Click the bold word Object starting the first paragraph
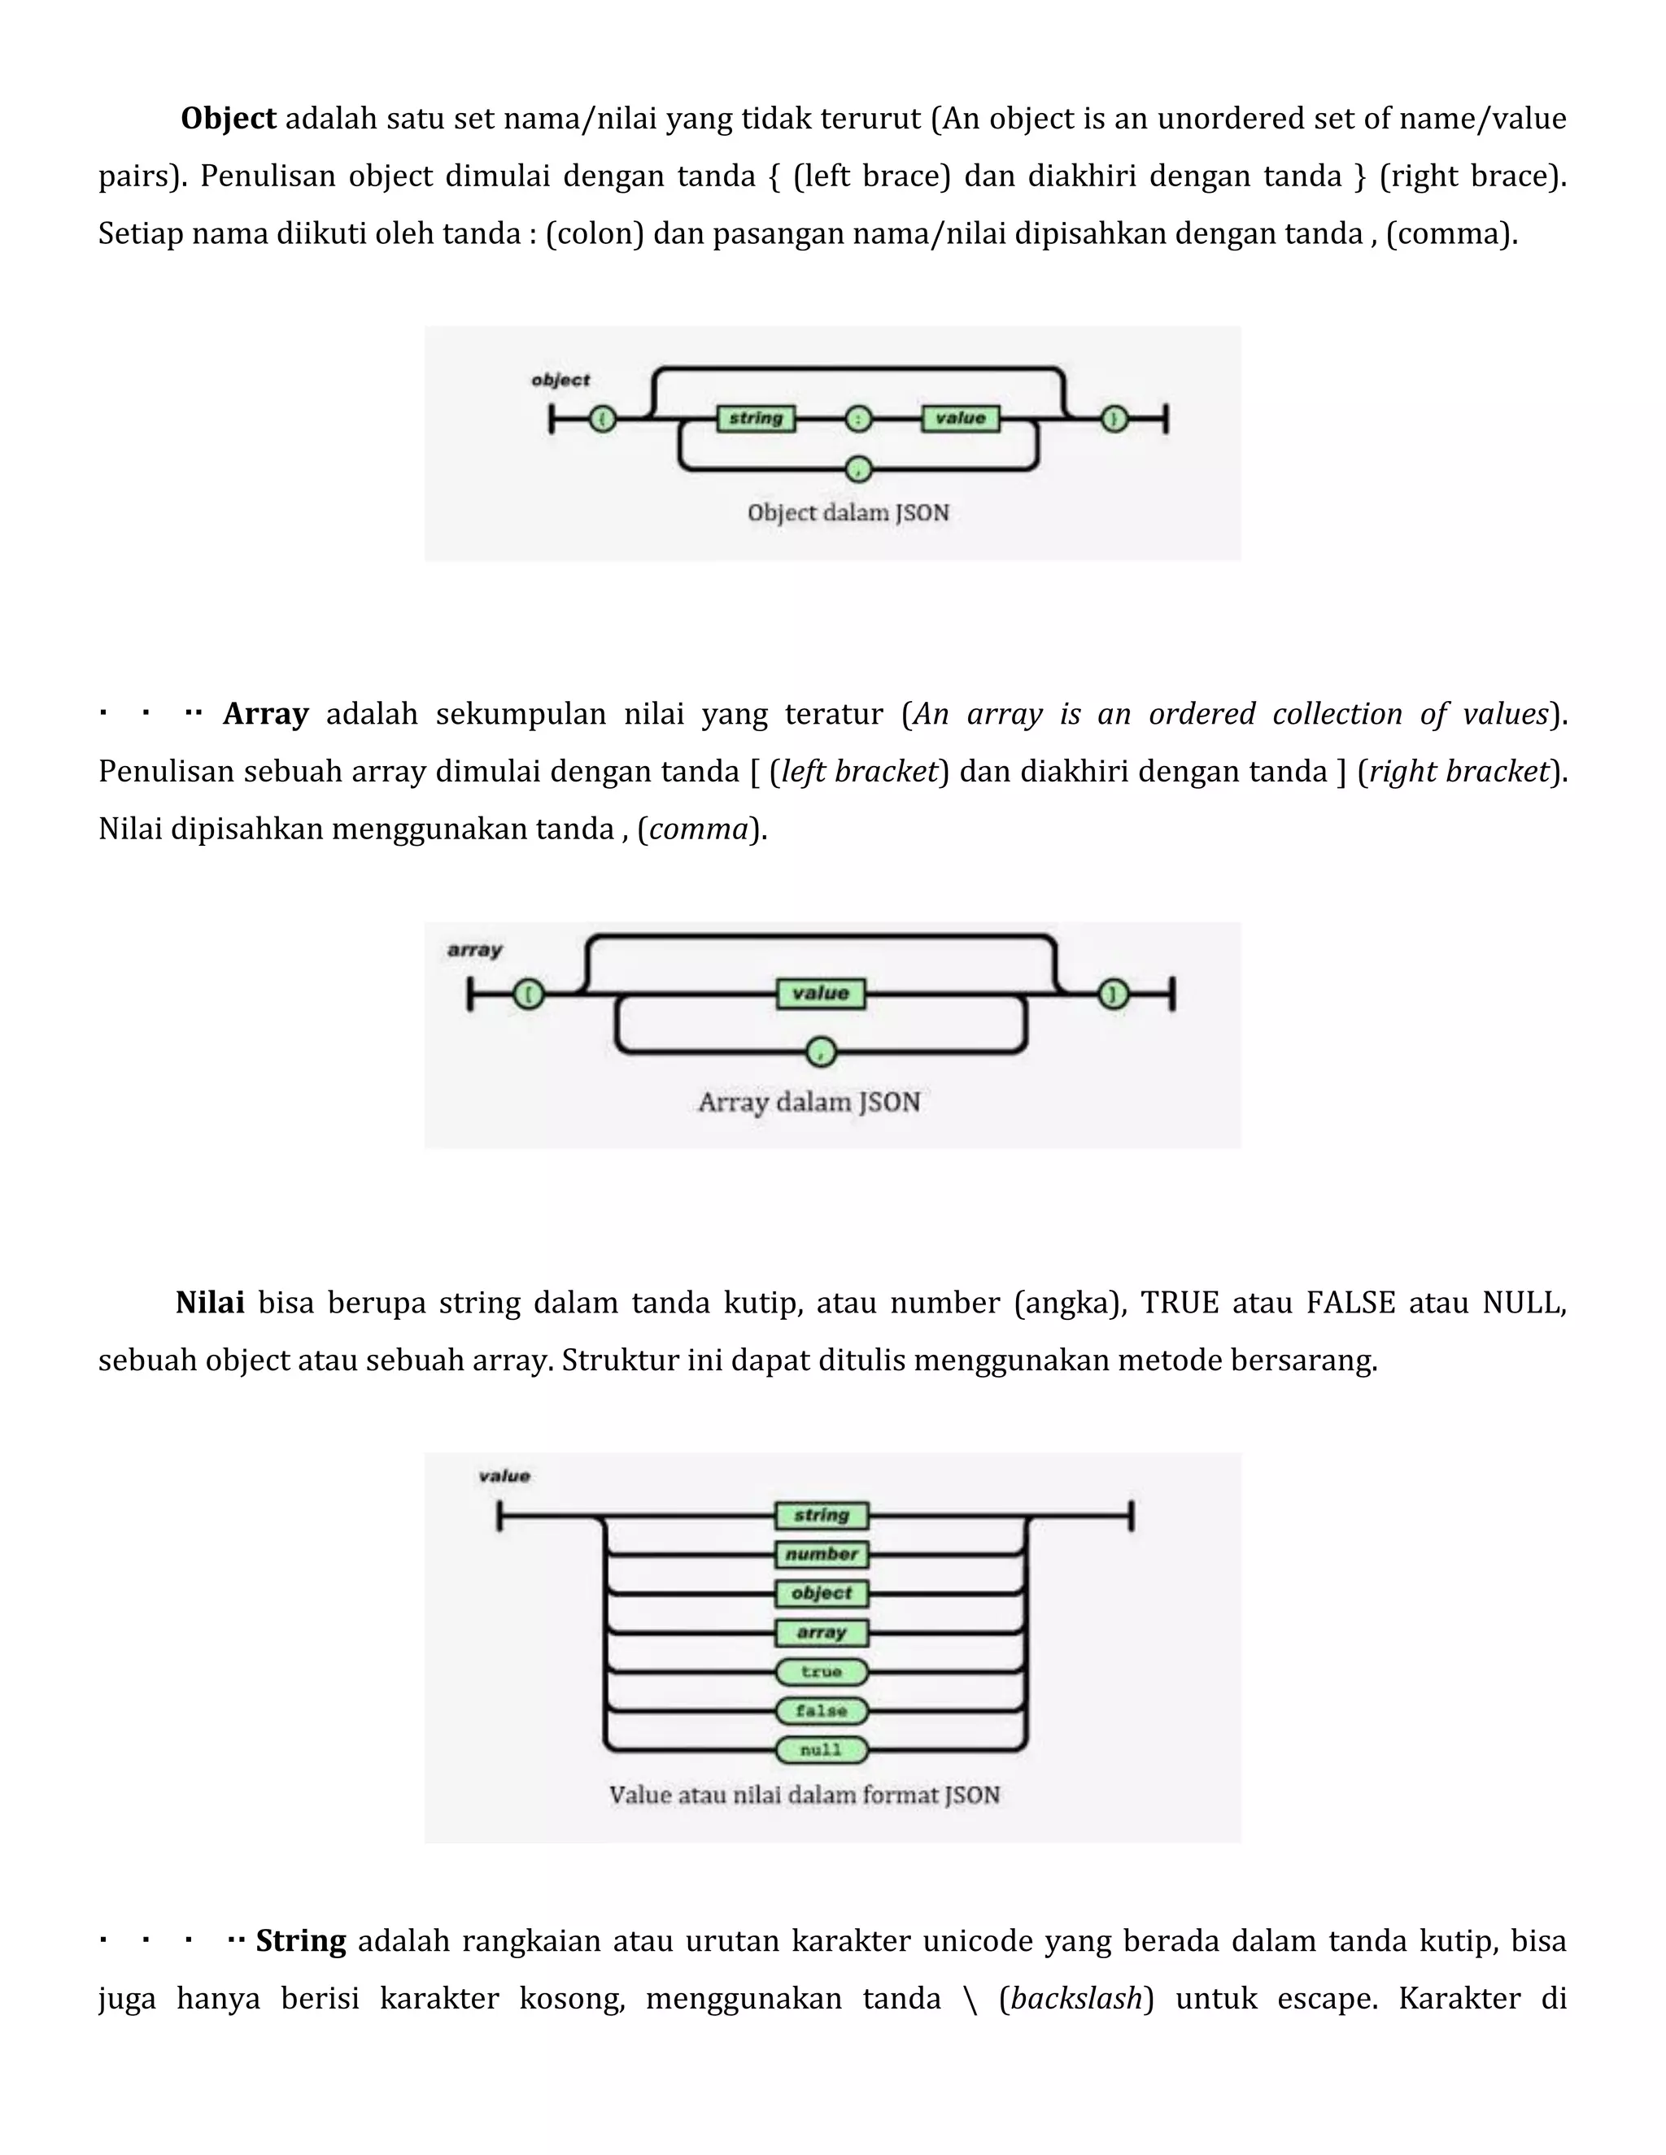pyautogui.click(x=228, y=119)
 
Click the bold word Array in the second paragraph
pyautogui.click(x=265, y=713)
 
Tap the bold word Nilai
pyautogui.click(x=210, y=1303)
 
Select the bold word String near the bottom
pyautogui.click(x=301, y=1941)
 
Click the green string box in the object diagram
pyautogui.click(x=756, y=418)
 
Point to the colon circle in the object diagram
pyautogui.click(x=859, y=420)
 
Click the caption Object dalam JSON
pyautogui.click(x=848, y=513)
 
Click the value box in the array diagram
pyautogui.click(x=821, y=994)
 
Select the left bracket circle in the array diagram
pyautogui.click(x=528, y=994)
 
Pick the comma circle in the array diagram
pyautogui.click(x=821, y=1051)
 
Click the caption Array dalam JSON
pyautogui.click(x=809, y=1102)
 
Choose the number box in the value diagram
pyautogui.click(x=821, y=1554)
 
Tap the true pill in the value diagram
pyautogui.click(x=821, y=1671)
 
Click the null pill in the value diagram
pyautogui.click(x=821, y=1749)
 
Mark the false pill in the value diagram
pyautogui.click(x=821, y=1710)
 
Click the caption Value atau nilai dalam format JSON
pyautogui.click(x=805, y=1795)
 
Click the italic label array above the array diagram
pyautogui.click(x=475, y=949)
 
